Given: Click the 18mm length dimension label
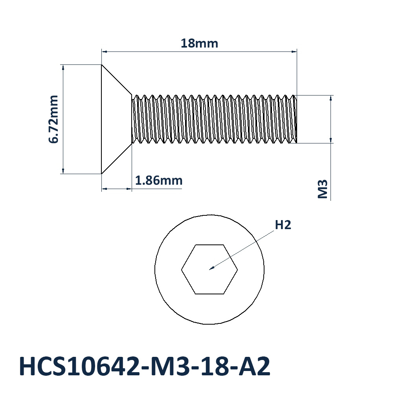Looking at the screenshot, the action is pyautogui.click(x=199, y=43).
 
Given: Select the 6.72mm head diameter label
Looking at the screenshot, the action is pyautogui.click(x=53, y=119).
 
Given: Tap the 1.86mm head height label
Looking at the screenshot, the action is pyautogui.click(x=159, y=180).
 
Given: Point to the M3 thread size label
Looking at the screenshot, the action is pyautogui.click(x=323, y=189).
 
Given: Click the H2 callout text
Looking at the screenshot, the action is pyautogui.click(x=283, y=225).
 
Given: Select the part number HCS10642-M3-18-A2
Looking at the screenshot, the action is pyautogui.click(x=145, y=366).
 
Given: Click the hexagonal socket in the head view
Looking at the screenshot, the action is pyautogui.click(x=209, y=269).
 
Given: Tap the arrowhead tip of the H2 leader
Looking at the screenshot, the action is pyautogui.click(x=209, y=270).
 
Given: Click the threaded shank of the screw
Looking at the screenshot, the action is pyautogui.click(x=214, y=119).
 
